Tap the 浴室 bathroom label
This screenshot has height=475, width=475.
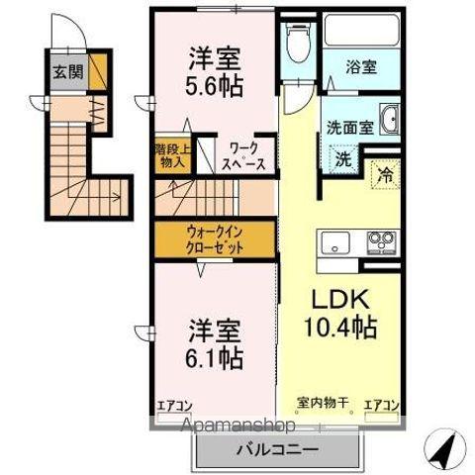click(x=360, y=68)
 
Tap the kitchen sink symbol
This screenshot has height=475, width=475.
click(x=333, y=240)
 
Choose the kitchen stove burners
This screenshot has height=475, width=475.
click(x=381, y=240)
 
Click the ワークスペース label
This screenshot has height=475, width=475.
click(x=242, y=155)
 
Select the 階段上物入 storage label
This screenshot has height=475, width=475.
click(x=169, y=156)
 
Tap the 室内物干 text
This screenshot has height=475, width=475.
click(x=323, y=403)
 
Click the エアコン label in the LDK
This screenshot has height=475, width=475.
click(x=382, y=404)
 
